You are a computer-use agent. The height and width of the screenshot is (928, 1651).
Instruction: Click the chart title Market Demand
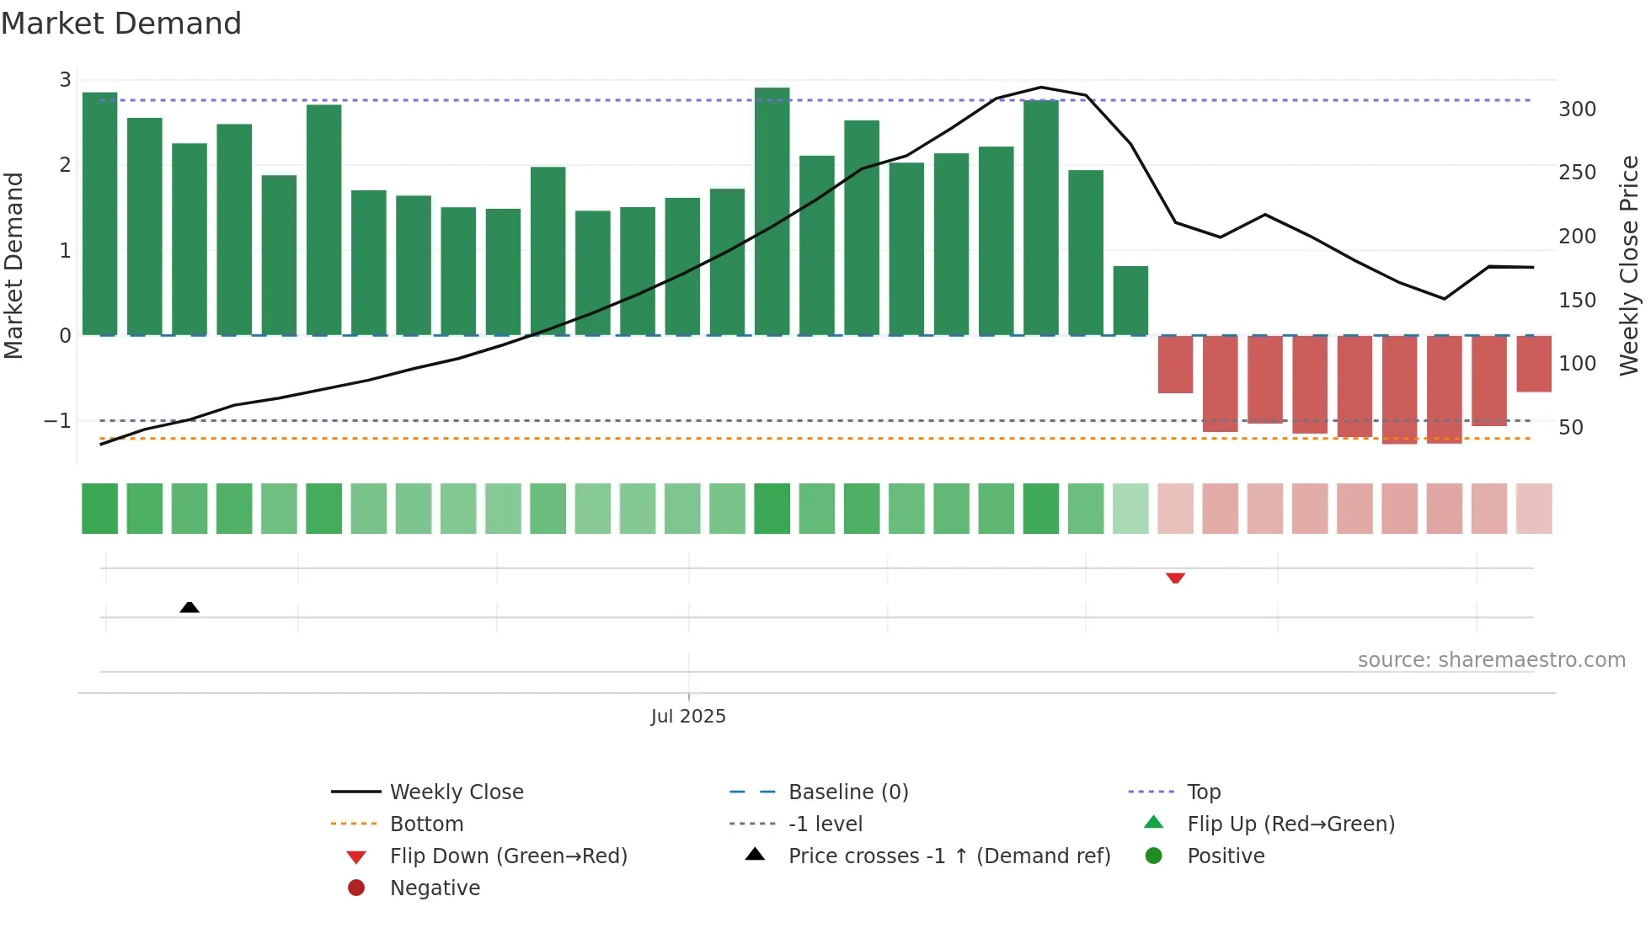coord(121,24)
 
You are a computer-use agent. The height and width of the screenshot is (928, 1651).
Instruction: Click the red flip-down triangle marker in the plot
coord(1175,578)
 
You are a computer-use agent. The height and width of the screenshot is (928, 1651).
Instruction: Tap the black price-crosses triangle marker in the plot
coord(190,607)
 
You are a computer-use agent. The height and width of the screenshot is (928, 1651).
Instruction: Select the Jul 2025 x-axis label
coord(688,716)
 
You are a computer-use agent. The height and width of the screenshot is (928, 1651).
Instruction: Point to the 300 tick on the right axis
coord(1577,109)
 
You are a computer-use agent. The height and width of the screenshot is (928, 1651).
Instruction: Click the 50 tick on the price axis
coord(1571,428)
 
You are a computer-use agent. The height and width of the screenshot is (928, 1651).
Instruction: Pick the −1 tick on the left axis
coord(57,420)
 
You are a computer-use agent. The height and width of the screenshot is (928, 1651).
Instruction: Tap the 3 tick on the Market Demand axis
coord(65,80)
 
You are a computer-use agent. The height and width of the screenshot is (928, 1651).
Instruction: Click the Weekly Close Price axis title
coord(1629,265)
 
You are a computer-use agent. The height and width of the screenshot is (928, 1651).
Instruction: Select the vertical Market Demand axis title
coord(13,265)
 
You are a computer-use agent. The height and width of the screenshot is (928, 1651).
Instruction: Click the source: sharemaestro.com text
coord(1491,660)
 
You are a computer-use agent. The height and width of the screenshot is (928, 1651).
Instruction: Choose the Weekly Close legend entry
coord(456,792)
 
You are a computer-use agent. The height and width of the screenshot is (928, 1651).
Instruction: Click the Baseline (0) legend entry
coord(847,792)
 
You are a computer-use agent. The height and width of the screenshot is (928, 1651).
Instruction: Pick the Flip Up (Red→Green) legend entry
coord(1290,824)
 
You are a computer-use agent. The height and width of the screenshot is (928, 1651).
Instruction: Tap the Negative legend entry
coord(435,888)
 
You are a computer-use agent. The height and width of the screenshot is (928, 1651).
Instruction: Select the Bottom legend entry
coord(426,824)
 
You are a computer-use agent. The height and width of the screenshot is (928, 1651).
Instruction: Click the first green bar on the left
coord(100,214)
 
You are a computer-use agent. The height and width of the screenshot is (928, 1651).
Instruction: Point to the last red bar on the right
coord(1534,364)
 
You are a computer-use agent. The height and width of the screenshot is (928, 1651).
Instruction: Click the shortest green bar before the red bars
coord(1130,301)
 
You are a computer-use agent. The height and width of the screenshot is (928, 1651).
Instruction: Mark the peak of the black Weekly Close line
coord(1041,87)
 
